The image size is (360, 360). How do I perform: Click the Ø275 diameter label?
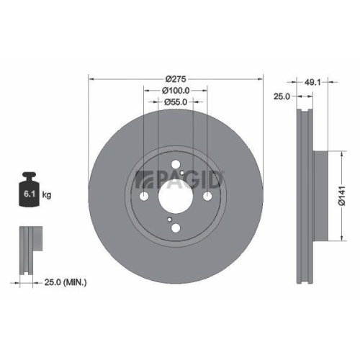tap(176, 78)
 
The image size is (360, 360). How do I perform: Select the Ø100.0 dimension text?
tap(176, 91)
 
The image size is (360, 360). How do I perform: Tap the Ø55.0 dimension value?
tap(176, 103)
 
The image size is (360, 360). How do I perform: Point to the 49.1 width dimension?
tap(312, 82)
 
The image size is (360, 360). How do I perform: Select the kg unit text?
tap(47, 195)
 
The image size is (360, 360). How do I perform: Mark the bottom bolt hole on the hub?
tap(176, 229)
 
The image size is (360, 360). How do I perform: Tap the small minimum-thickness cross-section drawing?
tap(29, 248)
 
